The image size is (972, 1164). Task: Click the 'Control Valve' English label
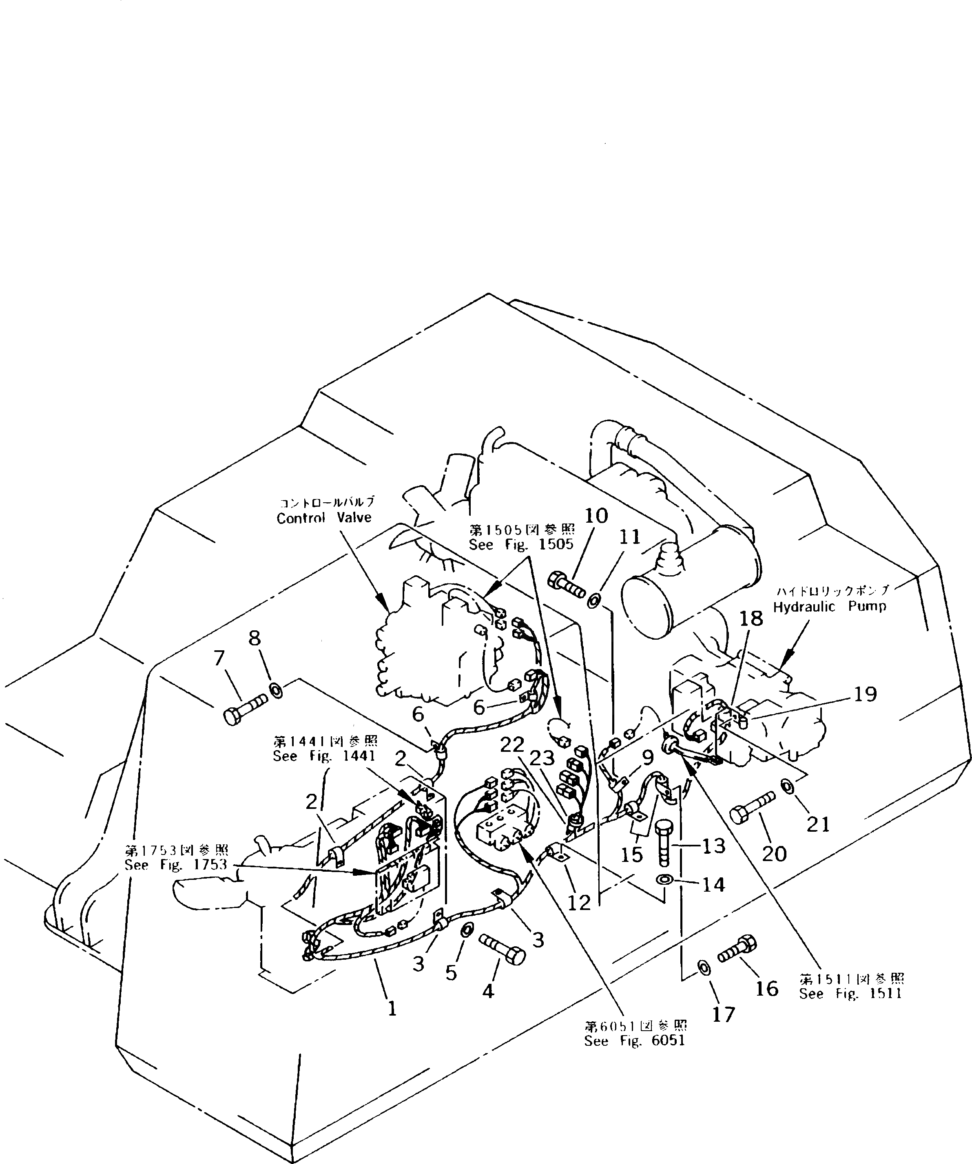point(324,518)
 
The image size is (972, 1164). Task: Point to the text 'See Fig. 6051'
point(634,1040)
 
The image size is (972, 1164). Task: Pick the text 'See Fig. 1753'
point(176,865)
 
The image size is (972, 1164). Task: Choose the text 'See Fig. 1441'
point(324,755)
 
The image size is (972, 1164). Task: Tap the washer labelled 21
point(787,785)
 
